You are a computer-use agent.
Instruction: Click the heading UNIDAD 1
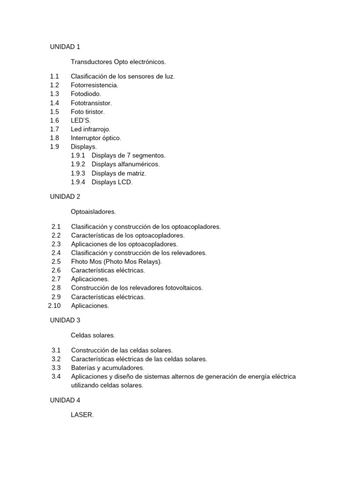click(65, 46)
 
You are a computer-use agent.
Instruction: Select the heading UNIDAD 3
click(65, 320)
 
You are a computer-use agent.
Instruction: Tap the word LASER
click(82, 414)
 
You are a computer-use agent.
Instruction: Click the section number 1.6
click(54, 120)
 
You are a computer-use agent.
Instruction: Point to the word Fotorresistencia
click(94, 85)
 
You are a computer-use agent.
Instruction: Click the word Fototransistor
click(91, 103)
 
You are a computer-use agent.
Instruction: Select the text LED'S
click(81, 120)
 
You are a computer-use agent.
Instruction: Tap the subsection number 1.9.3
click(78, 173)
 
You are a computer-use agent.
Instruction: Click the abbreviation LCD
click(125, 182)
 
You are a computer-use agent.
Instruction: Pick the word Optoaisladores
click(93, 211)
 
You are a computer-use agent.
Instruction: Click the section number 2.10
click(55, 306)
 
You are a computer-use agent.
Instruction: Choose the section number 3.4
click(56, 376)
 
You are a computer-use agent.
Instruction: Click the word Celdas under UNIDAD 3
click(81, 335)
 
